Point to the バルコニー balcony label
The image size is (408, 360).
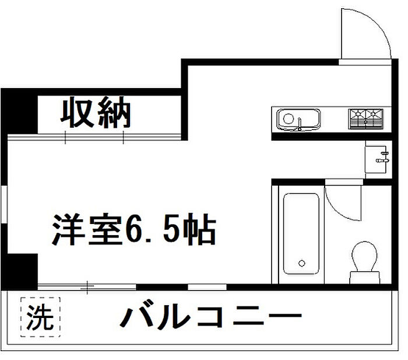coord(211,318)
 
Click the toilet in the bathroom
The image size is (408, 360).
coord(366,261)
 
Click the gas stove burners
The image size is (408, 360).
coord(366,118)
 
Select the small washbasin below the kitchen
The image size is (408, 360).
coord(378,158)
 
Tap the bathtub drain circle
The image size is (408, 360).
coord(301,262)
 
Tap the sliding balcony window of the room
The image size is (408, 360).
coord(87,286)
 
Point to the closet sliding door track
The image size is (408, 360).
coord(96,137)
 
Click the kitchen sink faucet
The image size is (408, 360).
coord(300,123)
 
